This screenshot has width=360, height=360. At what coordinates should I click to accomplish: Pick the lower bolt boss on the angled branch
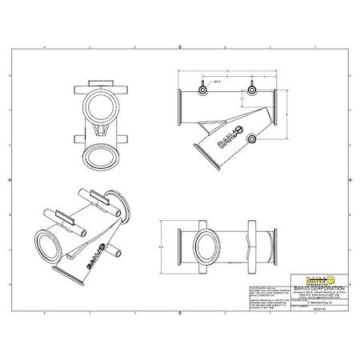(252, 140)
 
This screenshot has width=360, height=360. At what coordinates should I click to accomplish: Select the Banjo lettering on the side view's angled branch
(227, 138)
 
